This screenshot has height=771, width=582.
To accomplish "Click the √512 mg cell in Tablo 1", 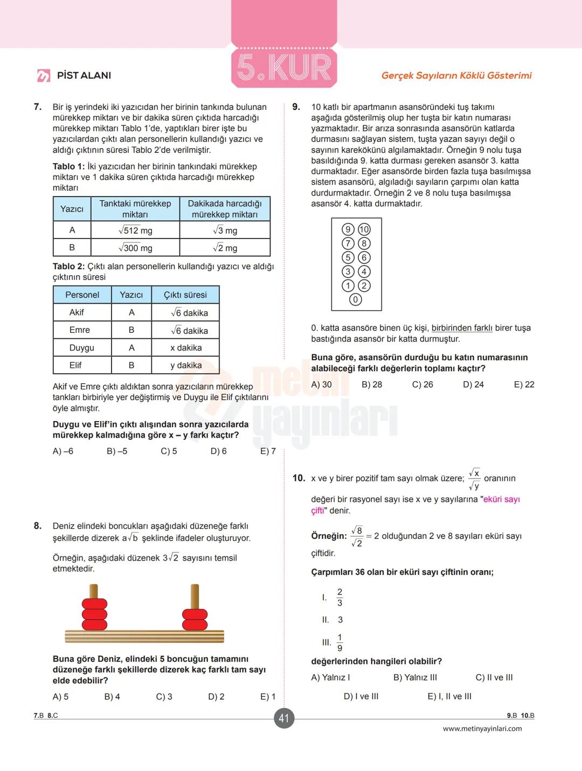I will click(x=135, y=230).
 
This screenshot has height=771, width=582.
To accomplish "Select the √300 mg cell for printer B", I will click(x=135, y=248).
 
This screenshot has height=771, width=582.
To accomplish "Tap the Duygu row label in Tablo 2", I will click(x=82, y=348).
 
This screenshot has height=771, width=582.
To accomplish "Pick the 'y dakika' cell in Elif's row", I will click(x=186, y=366).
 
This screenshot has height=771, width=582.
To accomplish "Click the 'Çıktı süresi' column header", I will click(x=185, y=295).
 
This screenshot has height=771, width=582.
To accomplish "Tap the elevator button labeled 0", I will click(x=355, y=300).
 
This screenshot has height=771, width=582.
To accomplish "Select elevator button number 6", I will click(x=364, y=258).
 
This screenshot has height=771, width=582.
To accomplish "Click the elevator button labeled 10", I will click(x=364, y=229).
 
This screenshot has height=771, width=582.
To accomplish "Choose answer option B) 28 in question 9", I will click(x=372, y=384).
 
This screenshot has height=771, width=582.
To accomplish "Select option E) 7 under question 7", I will click(x=268, y=451).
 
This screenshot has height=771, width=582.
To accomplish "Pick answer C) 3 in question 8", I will click(x=164, y=697).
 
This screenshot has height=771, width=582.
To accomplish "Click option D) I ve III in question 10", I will click(x=361, y=697).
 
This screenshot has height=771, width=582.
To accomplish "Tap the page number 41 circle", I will click(x=284, y=718).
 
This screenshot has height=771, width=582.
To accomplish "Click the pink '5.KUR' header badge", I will click(x=284, y=68).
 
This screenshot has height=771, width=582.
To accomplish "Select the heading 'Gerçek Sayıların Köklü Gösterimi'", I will click(x=456, y=75).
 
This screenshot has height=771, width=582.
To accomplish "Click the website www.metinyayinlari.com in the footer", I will click(x=482, y=729).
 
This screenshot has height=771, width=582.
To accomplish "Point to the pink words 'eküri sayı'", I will click(x=501, y=500).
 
